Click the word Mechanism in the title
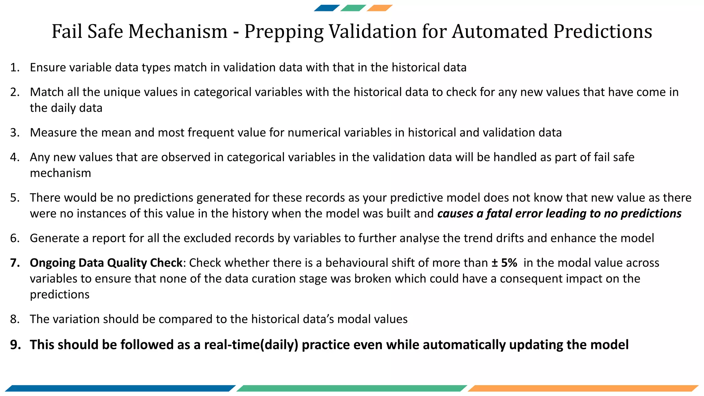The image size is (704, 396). point(178,31)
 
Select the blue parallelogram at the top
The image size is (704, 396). point(327,8)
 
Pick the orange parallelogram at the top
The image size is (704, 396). point(379,8)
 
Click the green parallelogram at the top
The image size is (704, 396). point(353,8)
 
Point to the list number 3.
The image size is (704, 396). point(15,133)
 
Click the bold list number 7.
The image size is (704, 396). point(15,263)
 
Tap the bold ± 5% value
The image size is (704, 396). point(504,263)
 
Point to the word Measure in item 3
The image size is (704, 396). point(53,133)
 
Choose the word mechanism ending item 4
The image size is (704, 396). point(60,173)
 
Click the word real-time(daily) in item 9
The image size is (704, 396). point(251,345)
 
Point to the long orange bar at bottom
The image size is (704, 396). point(583,388)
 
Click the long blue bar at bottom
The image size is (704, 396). point(120,388)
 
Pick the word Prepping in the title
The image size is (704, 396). point(284,31)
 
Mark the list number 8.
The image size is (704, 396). point(15,319)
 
